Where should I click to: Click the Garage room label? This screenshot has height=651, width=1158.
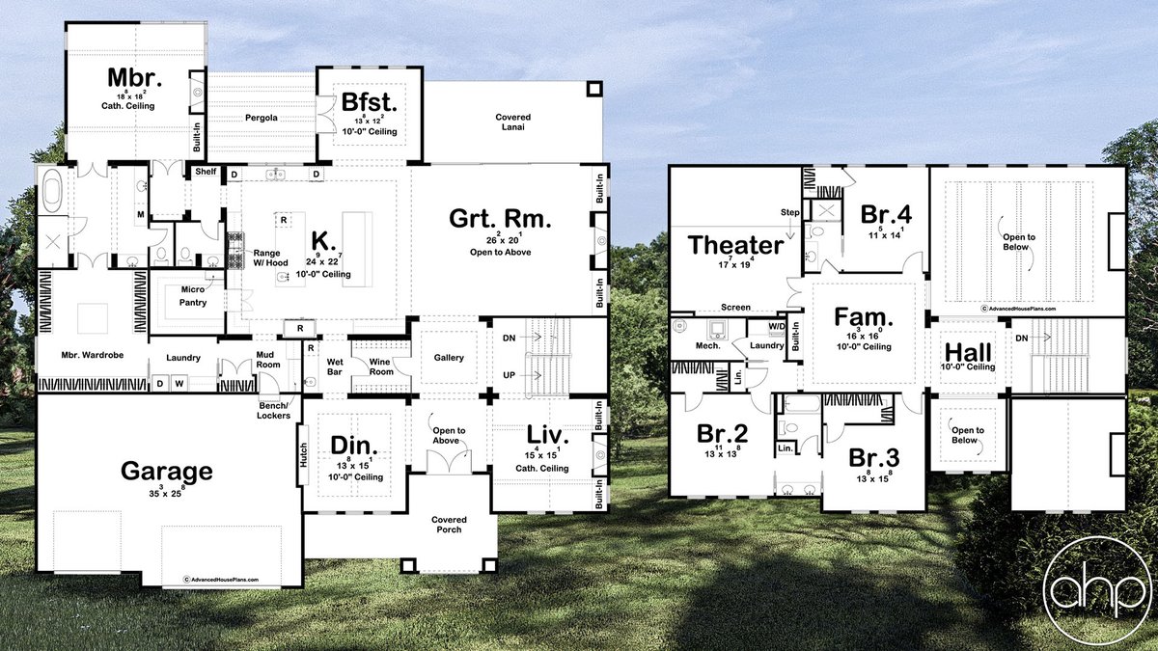pos(166,472)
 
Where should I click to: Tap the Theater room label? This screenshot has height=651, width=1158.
pos(735,246)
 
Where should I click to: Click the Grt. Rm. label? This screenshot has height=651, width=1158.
pos(500,219)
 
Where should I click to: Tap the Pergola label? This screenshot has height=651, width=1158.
pos(261,118)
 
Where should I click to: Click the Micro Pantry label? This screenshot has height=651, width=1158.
pos(191,296)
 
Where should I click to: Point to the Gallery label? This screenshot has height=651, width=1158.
pos(449,358)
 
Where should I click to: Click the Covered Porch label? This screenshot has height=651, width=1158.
pos(449,524)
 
